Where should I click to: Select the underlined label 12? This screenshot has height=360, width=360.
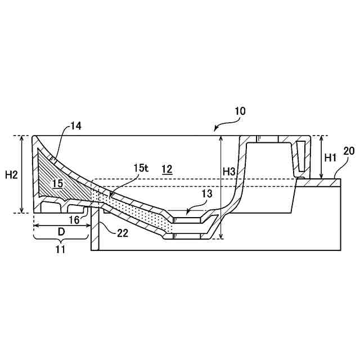coord(166,168)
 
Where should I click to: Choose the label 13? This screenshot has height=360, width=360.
coord(207,193)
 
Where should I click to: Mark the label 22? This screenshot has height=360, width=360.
coord(123,233)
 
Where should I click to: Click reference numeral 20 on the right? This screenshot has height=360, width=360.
coord(349,151)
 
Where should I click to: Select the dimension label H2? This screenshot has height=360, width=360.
coord(11,175)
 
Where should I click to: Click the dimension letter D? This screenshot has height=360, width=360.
coord(62,231)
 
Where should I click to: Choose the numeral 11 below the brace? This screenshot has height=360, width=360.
coord(60,249)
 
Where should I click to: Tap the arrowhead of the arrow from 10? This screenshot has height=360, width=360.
coord(215,130)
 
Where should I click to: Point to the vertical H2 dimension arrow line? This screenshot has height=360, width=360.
coord(22,174)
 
